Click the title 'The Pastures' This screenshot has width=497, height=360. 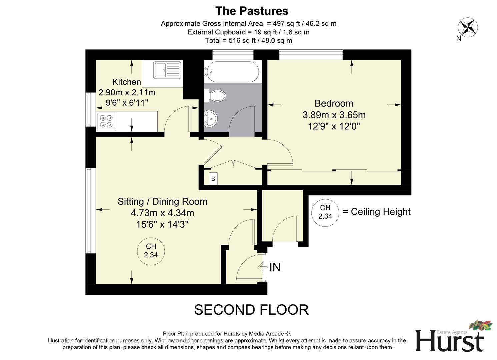coord(252,11)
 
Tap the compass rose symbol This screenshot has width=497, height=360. coord(468,27)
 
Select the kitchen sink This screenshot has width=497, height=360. coord(167,70)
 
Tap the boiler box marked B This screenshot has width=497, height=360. coord(213,179)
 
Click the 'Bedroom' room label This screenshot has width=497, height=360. coord(334,103)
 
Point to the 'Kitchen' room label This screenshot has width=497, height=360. coord(126,82)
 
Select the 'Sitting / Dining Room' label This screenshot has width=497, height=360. coord(162,201)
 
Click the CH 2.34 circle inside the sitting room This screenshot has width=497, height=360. coord(151,251)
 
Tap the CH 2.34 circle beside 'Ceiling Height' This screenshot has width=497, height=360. coord(325,212)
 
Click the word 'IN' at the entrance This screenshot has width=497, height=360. coord(275,267)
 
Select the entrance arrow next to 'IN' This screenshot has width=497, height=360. coord(263,267)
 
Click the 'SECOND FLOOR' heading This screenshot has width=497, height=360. coord(251,310)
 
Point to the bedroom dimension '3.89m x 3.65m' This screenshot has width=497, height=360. coord(334,115)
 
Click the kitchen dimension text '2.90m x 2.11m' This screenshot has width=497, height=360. coord(127,92)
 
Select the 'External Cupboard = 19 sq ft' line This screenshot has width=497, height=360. coord(248,32)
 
